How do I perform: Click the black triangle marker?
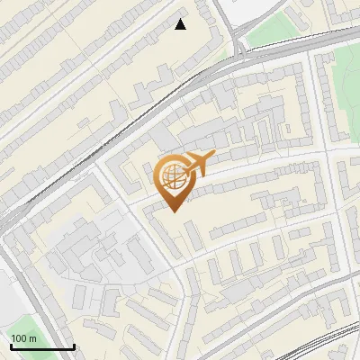181,24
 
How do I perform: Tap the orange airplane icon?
198,164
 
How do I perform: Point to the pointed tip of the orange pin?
173,211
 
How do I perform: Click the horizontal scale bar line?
41,346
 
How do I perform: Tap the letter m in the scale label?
33,338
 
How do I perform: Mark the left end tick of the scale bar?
10,345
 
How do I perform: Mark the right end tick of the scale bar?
73,345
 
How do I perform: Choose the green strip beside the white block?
270,32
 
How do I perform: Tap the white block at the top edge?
256,11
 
